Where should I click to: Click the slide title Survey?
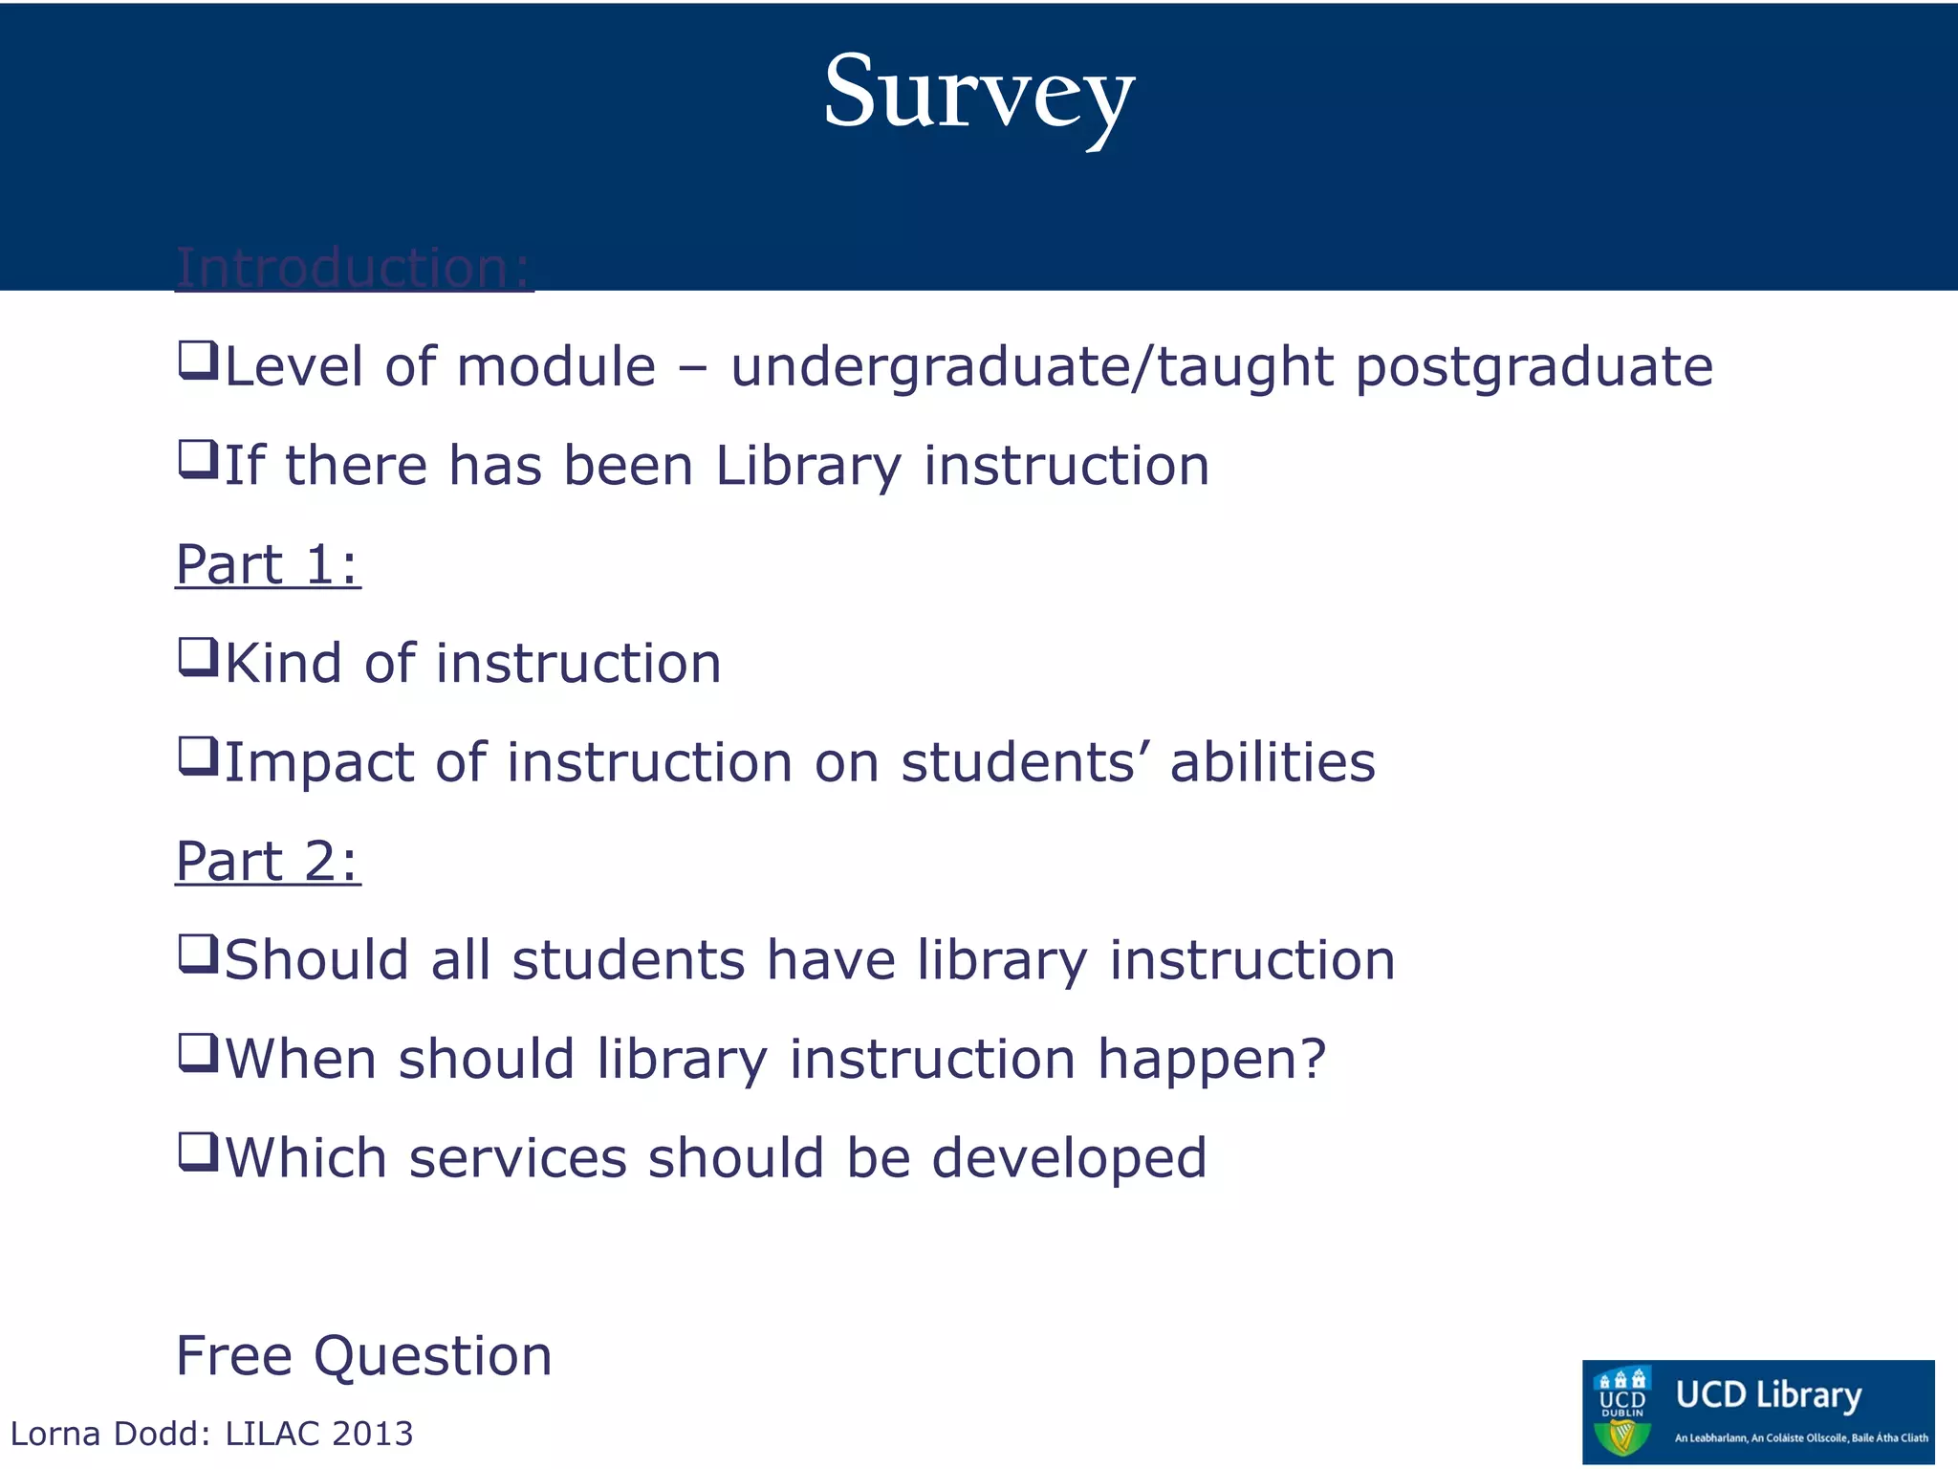(x=979, y=94)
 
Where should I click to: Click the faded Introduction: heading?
(x=354, y=268)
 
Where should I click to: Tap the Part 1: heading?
(x=268, y=564)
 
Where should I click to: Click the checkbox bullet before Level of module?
(x=198, y=362)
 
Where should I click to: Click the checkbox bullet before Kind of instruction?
(x=198, y=659)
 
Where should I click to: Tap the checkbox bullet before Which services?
(x=198, y=1153)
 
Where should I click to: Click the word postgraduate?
(x=1534, y=367)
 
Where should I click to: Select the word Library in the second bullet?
(x=808, y=467)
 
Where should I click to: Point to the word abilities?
(x=1273, y=762)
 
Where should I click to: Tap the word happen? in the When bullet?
(x=1211, y=1060)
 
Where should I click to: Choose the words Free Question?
(x=363, y=1356)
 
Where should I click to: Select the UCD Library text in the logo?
(x=1769, y=1394)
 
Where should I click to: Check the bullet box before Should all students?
(x=198, y=955)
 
